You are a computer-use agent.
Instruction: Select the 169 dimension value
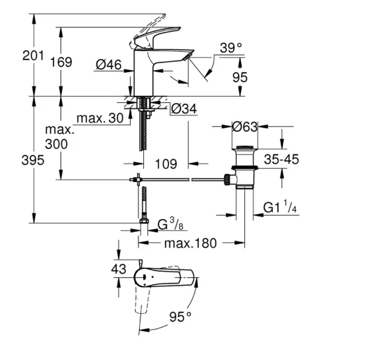(x=61, y=62)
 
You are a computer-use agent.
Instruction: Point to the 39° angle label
(x=232, y=48)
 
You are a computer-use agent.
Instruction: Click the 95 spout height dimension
(x=239, y=78)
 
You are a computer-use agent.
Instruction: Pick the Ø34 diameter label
(x=184, y=109)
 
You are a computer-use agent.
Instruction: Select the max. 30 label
(x=100, y=118)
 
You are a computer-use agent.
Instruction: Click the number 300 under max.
(x=56, y=144)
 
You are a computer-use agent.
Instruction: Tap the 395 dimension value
(x=33, y=160)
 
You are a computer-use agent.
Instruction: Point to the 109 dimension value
(x=166, y=164)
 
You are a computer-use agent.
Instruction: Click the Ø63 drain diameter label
(x=244, y=126)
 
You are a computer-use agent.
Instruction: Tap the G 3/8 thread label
(x=170, y=224)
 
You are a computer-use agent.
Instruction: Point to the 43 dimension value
(x=120, y=269)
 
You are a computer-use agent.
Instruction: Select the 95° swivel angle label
(x=180, y=317)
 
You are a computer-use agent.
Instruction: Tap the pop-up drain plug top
(x=244, y=148)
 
